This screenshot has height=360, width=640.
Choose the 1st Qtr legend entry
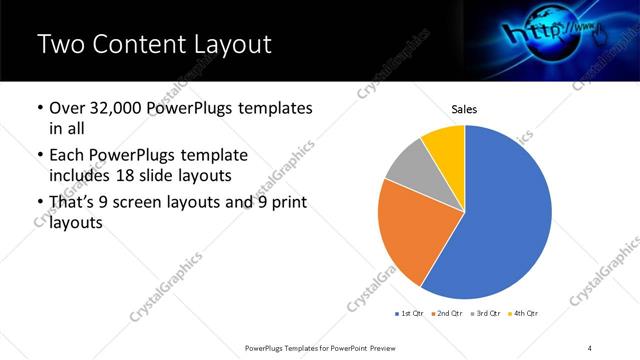click(409, 314)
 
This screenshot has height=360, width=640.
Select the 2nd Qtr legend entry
click(446, 314)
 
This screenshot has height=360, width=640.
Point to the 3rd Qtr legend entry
click(485, 314)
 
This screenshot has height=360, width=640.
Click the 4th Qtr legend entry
click(523, 314)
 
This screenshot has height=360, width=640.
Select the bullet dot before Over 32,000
click(39, 108)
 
